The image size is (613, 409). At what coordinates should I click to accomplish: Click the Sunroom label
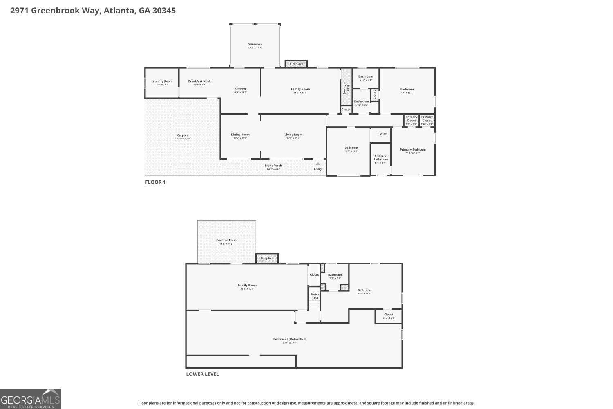click(x=255, y=44)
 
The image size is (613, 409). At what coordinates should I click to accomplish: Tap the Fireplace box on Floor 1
click(x=296, y=64)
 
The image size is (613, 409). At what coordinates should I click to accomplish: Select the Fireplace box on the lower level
click(x=267, y=258)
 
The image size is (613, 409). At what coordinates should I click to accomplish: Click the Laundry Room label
click(x=162, y=81)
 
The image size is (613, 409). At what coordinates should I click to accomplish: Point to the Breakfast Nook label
click(x=199, y=81)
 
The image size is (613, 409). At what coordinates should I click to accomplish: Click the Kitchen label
click(x=240, y=89)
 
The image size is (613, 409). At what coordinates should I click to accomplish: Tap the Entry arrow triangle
click(x=318, y=164)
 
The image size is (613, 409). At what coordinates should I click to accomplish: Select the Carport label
click(x=182, y=135)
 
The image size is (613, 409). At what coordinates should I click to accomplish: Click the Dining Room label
click(x=240, y=135)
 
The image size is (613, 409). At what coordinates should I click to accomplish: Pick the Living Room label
click(x=293, y=135)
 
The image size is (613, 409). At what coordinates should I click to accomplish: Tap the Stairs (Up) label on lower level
click(x=314, y=296)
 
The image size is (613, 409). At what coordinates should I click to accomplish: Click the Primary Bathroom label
click(x=380, y=157)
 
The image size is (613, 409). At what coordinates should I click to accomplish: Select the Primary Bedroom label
click(x=413, y=150)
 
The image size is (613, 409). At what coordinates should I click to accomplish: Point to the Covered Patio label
click(x=226, y=240)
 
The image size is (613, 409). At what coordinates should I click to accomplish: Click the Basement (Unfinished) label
click(x=290, y=339)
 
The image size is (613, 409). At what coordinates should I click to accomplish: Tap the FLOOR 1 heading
click(x=155, y=182)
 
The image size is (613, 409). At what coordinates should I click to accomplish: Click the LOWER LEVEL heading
click(x=202, y=374)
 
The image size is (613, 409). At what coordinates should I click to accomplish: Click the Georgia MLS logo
click(x=31, y=399)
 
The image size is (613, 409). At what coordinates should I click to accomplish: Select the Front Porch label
click(x=274, y=166)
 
